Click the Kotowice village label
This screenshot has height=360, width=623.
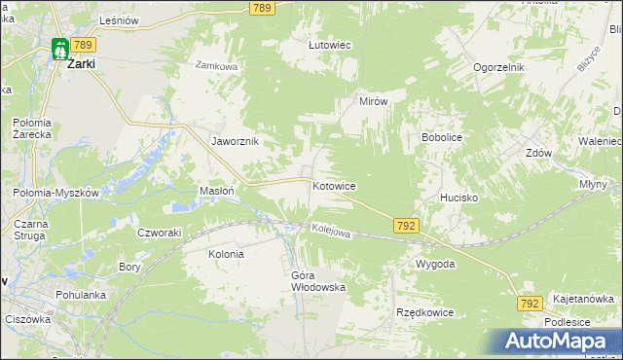tap(334, 185)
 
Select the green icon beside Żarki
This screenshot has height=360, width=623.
tap(60, 47)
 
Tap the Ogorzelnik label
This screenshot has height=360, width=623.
tap(499, 67)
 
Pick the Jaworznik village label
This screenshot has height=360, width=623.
tap(235, 140)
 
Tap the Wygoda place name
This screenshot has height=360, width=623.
tap(435, 265)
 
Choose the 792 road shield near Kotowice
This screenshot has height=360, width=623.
tap(407, 226)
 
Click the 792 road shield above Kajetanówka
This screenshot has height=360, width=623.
tap(530, 304)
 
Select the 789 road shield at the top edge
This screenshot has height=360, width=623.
tap(260, 8)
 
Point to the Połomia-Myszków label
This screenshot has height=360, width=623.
tap(56, 193)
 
